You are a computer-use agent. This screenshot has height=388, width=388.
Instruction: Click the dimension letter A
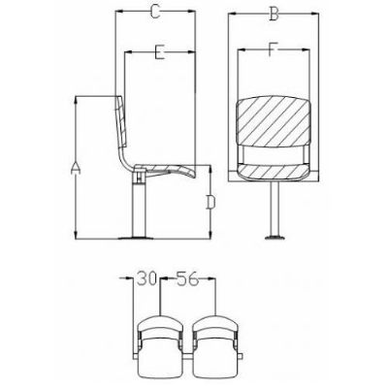(76, 168)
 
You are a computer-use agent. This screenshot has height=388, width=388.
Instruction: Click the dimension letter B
(274, 14)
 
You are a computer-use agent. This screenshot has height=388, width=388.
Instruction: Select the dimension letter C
(155, 12)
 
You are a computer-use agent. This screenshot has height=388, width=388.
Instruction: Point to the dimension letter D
(210, 202)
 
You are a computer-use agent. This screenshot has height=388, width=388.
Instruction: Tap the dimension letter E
(160, 52)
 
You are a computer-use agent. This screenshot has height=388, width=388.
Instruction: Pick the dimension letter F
(274, 49)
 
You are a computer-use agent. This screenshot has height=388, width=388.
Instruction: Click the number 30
(146, 278)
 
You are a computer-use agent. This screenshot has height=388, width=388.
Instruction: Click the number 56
(187, 278)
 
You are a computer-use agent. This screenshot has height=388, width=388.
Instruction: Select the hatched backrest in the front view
(274, 121)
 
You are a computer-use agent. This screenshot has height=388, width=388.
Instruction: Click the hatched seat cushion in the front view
(274, 171)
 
